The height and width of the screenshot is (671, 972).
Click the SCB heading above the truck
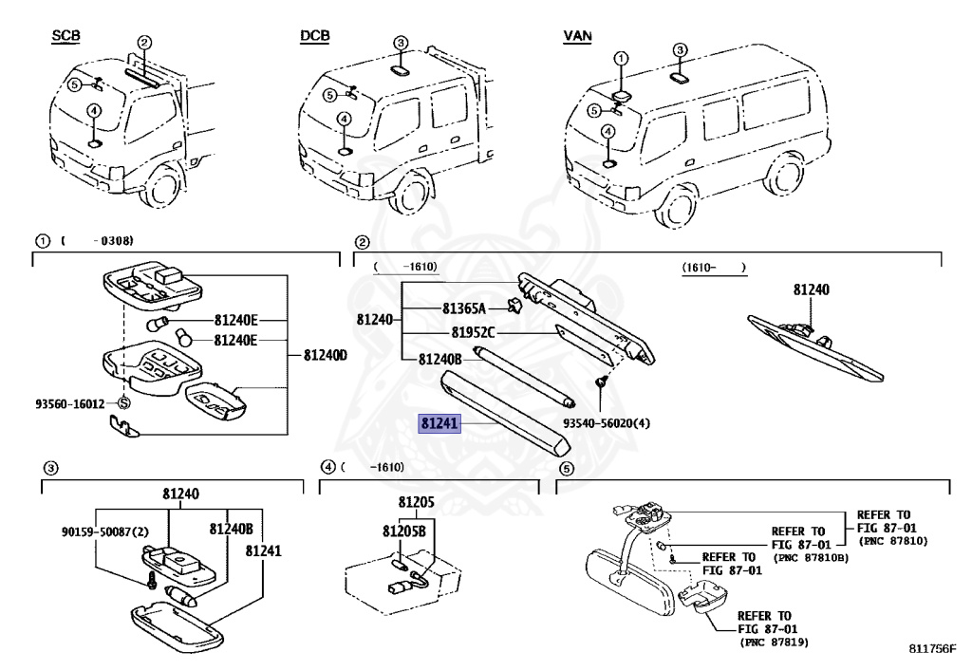point(65,36)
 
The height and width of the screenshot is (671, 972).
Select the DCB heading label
point(314,36)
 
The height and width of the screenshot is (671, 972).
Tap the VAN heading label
point(577,36)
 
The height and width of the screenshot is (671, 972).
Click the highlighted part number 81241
point(440,424)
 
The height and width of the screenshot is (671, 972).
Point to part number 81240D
point(326,356)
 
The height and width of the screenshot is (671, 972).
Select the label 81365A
point(464,308)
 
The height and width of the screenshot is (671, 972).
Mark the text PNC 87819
point(771,643)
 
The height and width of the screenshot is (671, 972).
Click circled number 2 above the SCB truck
point(144,43)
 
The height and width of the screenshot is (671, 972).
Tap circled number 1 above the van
point(621,59)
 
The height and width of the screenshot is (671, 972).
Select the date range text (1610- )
point(714,269)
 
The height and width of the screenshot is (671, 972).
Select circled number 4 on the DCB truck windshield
point(344,120)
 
